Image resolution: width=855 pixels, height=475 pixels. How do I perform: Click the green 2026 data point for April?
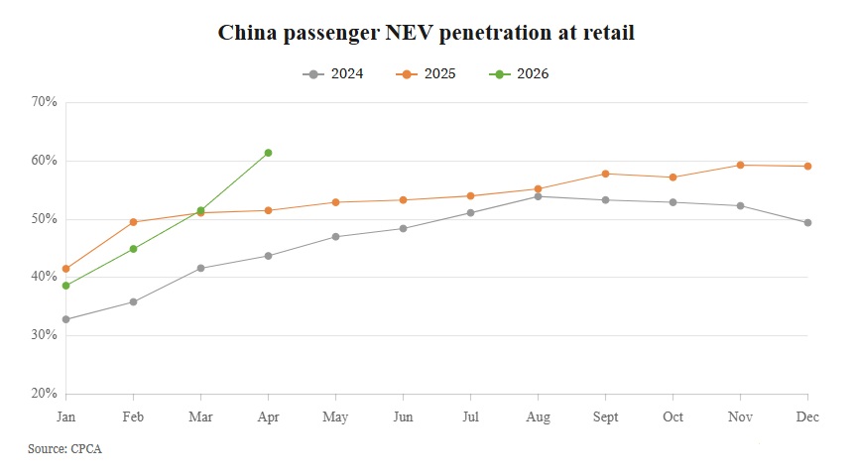click(x=268, y=153)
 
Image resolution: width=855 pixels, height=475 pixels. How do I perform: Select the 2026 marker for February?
click(x=133, y=249)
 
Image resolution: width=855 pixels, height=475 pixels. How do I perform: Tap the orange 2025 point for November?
click(x=741, y=165)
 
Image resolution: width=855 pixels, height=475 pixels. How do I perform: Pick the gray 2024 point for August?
click(x=539, y=196)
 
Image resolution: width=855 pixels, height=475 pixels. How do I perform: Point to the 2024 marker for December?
click(x=808, y=222)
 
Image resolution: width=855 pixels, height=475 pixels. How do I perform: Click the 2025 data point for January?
click(x=66, y=269)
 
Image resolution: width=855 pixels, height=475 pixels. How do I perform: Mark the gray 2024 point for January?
click(x=66, y=319)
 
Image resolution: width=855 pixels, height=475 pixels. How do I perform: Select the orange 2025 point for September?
click(x=605, y=174)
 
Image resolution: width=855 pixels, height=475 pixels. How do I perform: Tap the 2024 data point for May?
click(x=336, y=237)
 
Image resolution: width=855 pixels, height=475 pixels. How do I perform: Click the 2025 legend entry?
click(x=426, y=73)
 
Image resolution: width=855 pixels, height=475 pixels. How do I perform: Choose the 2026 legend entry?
click(x=519, y=73)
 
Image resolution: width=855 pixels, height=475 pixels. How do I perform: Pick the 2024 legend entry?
click(x=332, y=73)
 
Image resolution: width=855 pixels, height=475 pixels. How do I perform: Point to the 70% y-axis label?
click(x=45, y=101)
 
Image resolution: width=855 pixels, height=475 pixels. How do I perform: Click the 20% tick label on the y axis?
click(x=45, y=394)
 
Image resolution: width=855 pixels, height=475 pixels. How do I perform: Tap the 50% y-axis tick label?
click(x=45, y=219)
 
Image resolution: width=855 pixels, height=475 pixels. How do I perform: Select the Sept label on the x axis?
click(x=605, y=417)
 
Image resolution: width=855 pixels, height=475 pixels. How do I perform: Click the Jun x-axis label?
click(x=403, y=416)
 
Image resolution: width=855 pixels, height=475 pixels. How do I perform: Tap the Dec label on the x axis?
click(x=807, y=416)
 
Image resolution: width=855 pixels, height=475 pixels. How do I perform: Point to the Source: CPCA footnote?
click(x=64, y=449)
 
